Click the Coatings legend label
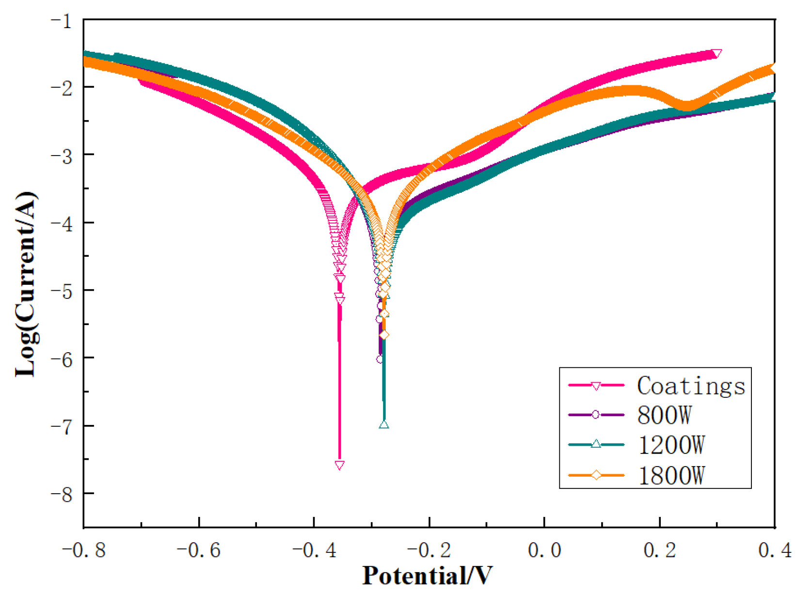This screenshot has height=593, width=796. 691,386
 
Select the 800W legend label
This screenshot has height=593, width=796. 664,415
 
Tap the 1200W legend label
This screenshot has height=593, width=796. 671,445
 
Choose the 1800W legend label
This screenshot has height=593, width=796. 671,475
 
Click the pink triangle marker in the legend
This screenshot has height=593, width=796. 596,386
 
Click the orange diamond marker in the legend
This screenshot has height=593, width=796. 596,475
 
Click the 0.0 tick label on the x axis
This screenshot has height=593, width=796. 544,550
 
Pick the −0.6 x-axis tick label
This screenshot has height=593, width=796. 198,550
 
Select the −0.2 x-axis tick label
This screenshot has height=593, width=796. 429,550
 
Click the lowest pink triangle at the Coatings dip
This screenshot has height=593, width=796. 339,465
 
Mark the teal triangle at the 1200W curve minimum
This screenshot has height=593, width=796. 384,424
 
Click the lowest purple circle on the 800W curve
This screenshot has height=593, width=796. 380,359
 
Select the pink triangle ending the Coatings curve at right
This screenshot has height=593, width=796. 717,53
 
